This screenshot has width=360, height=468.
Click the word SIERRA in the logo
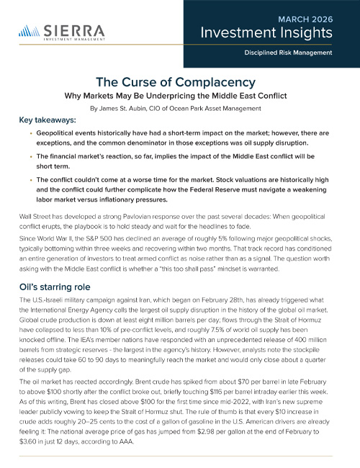[x=72, y=30]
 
